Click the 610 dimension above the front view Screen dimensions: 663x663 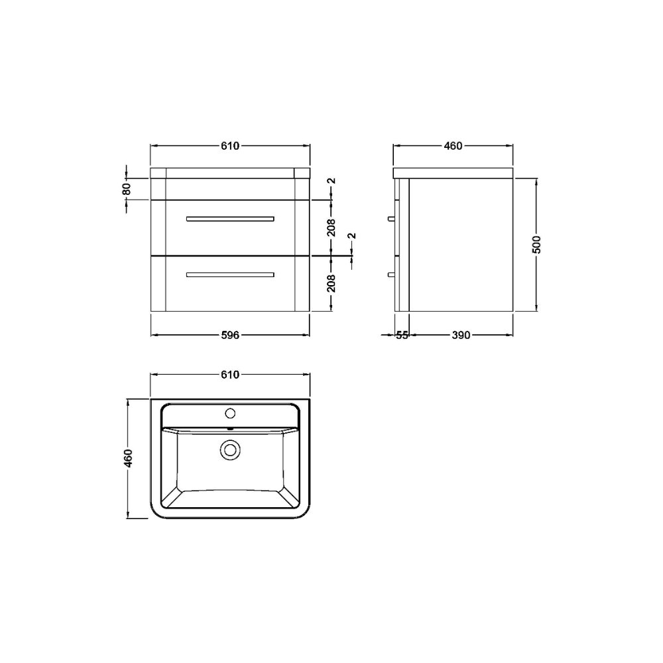coord(230,146)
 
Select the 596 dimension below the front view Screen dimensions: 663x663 coord(230,335)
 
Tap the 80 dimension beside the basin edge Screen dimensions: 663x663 coord(127,188)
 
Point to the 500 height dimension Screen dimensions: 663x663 coord(536,245)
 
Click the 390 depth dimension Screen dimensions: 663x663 coord(461,335)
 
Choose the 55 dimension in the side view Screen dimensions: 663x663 coord(402,335)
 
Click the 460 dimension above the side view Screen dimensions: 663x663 coord(453,146)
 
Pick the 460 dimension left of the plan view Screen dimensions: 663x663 coord(129,458)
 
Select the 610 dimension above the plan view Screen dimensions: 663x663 coord(230,375)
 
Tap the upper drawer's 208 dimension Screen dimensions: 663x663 coord(331,227)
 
